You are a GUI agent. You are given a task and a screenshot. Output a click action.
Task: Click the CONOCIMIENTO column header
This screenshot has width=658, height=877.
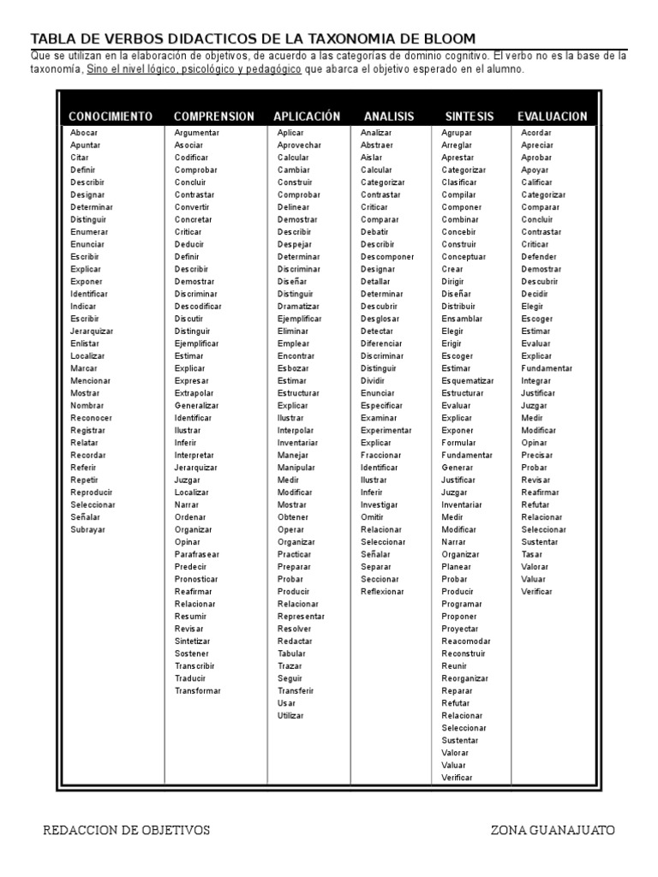(x=111, y=116)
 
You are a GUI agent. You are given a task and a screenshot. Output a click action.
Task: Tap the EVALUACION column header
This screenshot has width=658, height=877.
(x=553, y=116)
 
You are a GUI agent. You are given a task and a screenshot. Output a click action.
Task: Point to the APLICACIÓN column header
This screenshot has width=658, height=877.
(x=307, y=116)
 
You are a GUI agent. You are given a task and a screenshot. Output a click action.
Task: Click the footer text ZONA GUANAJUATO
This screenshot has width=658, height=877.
(x=553, y=830)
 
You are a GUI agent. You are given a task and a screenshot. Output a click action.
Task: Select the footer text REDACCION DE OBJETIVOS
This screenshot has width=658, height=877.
(x=126, y=830)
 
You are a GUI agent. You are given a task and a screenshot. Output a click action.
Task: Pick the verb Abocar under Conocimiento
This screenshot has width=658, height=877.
(x=84, y=133)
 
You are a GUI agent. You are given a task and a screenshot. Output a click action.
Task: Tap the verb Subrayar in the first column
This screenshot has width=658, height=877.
(x=87, y=530)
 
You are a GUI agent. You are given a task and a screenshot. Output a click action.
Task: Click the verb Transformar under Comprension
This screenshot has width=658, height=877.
(x=198, y=691)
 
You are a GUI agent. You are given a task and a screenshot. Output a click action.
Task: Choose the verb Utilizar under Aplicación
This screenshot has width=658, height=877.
(x=290, y=716)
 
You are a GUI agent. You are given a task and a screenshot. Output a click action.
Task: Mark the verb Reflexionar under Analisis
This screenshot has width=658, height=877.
(x=382, y=592)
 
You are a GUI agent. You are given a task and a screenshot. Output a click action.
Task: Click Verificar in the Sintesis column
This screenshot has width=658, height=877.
(x=457, y=778)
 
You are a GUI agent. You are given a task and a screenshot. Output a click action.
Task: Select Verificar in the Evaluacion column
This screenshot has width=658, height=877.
(x=537, y=592)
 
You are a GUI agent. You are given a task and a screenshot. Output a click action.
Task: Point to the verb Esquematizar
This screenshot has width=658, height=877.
(x=468, y=381)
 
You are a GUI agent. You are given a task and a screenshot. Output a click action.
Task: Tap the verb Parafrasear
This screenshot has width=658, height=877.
(x=197, y=555)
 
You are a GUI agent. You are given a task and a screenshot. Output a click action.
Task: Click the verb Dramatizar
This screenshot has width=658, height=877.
(x=297, y=307)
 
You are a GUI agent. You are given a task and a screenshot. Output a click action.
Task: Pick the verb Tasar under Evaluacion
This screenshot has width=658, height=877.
(x=531, y=555)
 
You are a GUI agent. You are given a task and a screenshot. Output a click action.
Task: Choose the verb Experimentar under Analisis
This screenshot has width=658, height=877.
(x=386, y=431)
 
